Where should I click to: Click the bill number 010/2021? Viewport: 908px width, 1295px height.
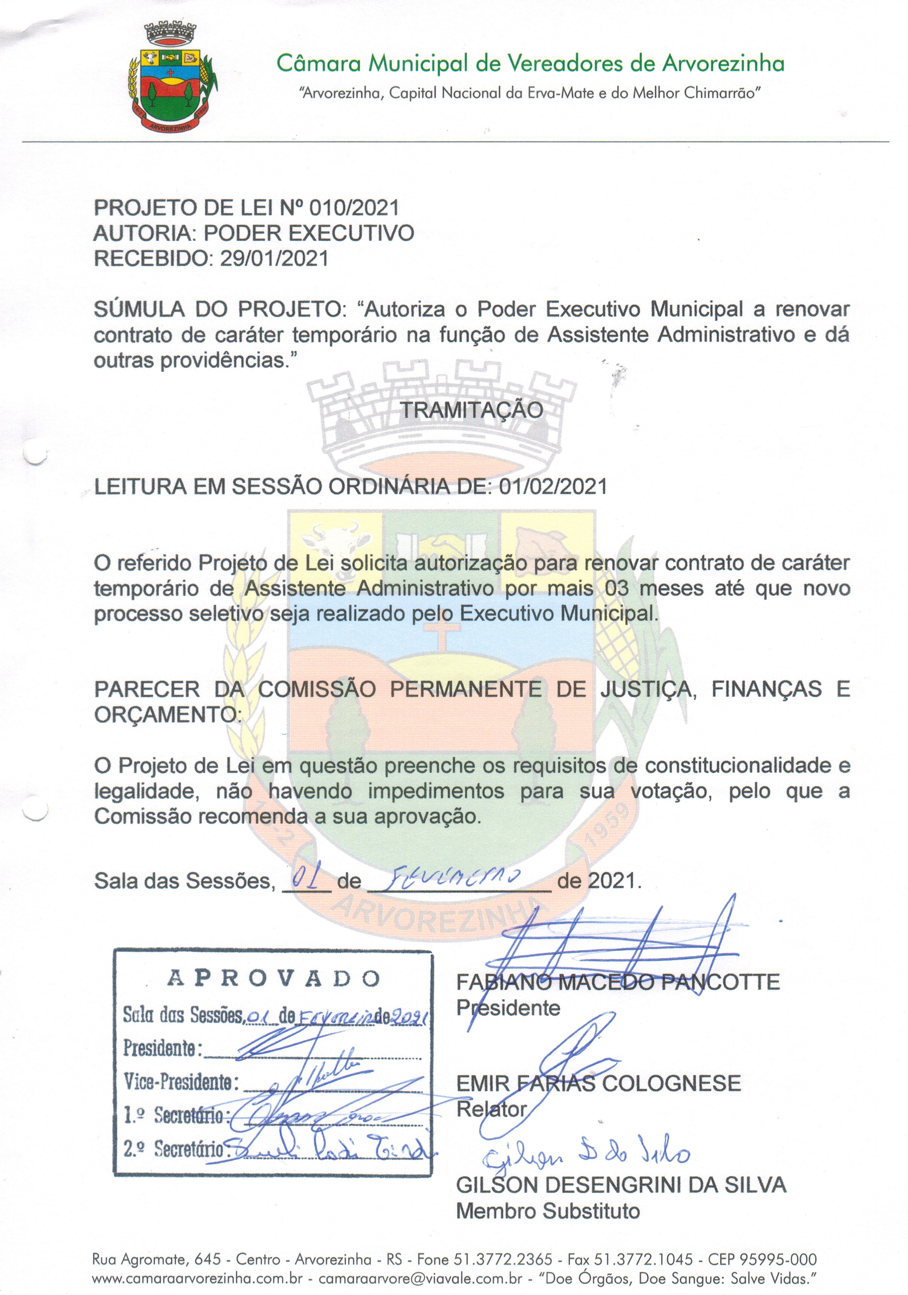tap(354, 208)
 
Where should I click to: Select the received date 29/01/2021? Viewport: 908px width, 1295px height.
tap(274, 259)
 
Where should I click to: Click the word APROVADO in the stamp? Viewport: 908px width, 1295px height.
tap(274, 979)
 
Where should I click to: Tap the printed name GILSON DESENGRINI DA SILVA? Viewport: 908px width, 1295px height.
tap(621, 1185)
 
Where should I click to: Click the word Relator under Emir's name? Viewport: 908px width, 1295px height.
tap(491, 1110)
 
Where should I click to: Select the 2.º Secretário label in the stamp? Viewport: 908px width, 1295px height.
tap(174, 1149)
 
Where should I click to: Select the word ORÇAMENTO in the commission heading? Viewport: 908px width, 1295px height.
tap(165, 715)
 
